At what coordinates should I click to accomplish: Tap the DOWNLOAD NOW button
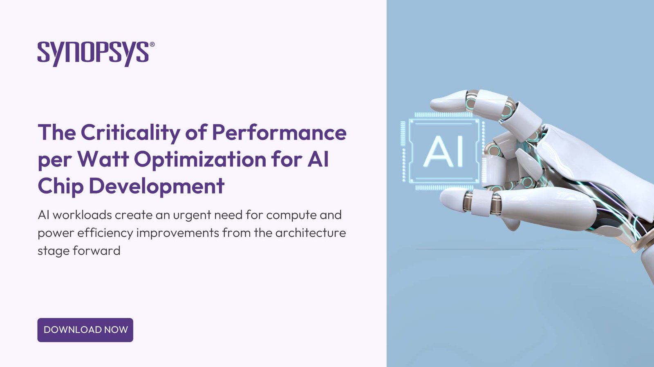pos(85,330)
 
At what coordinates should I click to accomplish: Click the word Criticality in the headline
pos(130,133)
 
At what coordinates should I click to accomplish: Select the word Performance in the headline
pos(279,133)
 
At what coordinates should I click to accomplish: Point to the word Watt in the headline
pos(103,159)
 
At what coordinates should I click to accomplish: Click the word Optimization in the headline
pos(200,159)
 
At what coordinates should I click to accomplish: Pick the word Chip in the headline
pos(60,186)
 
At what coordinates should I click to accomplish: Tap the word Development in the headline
pos(157,186)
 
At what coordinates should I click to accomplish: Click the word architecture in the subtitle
pos(311,233)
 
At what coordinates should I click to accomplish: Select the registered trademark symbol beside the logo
pos(152,44)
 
